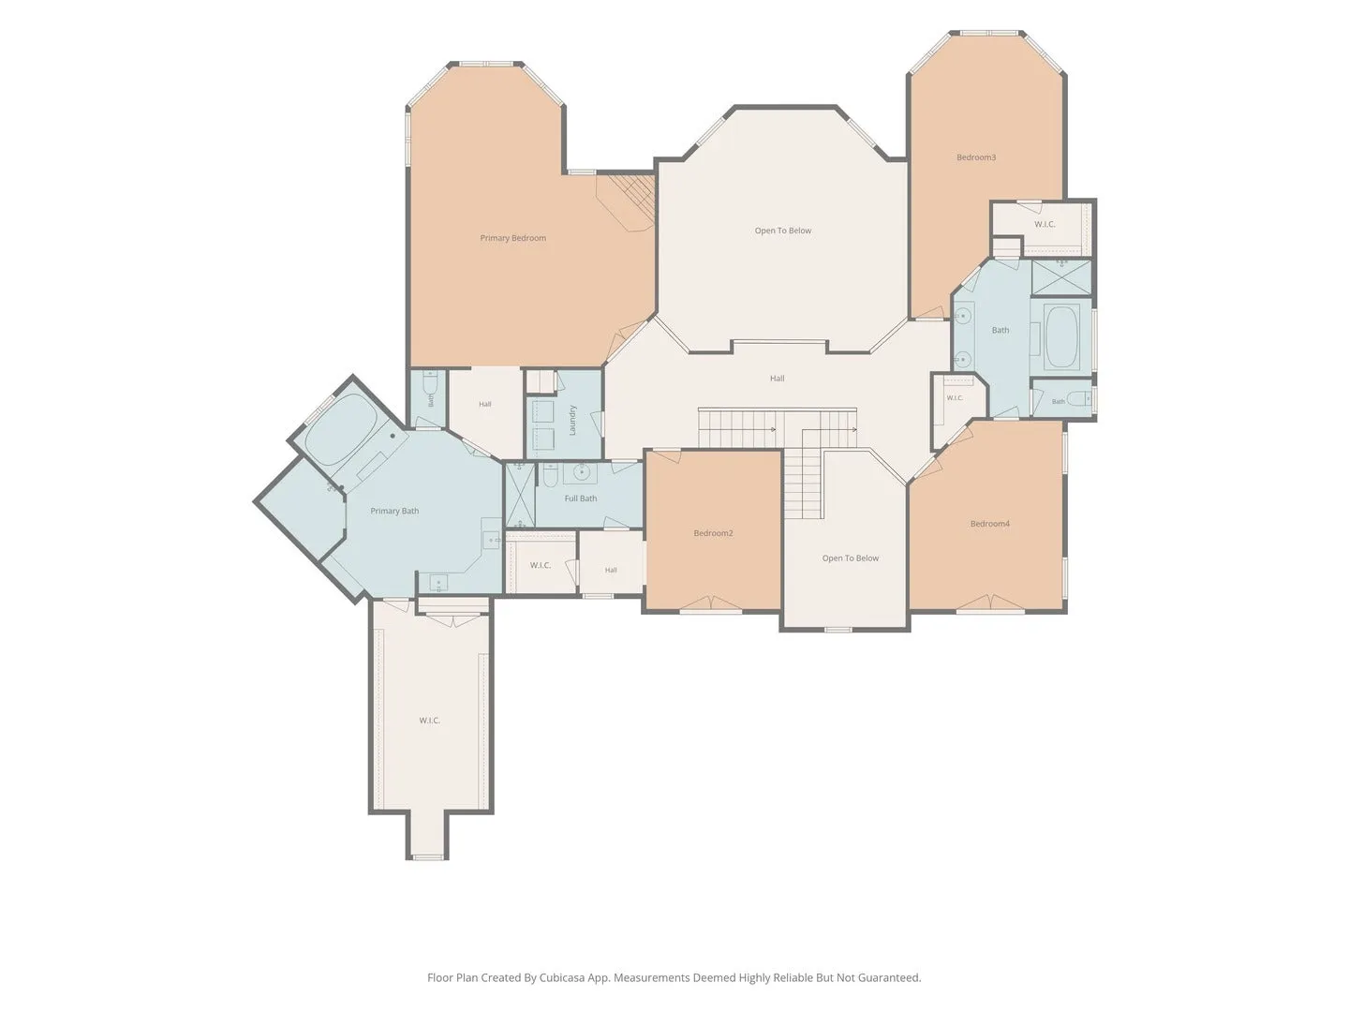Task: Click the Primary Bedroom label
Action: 512,238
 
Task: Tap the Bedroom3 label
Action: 975,157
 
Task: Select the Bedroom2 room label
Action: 713,533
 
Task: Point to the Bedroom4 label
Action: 989,524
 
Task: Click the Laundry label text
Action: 572,420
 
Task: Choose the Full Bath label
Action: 580,499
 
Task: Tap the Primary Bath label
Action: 394,511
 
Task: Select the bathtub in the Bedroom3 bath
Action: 1061,336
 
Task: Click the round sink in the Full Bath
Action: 580,472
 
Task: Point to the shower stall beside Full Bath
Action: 519,496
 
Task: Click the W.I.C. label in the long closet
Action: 430,721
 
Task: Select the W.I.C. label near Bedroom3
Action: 1045,224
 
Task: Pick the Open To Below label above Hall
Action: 783,231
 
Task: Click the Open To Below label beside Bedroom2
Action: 850,558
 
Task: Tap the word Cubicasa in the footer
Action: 562,977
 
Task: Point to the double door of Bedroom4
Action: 990,603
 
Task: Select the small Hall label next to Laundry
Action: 485,404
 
